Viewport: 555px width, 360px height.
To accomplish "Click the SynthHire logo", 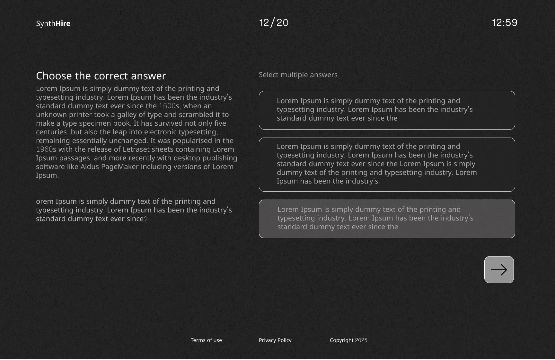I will pos(53,23).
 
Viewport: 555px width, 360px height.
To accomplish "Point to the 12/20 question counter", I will pos(274,22).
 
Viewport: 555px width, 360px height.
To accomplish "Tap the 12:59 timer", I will pos(505,22).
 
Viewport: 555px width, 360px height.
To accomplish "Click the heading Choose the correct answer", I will pos(101,76).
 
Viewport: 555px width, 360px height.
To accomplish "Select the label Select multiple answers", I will pos(298,75).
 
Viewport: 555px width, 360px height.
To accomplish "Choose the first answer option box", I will pos(387,110).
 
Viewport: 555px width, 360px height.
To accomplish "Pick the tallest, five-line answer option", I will pos(387,165).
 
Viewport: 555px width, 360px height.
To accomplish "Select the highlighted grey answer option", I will pos(387,219).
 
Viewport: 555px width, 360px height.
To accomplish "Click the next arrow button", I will pos(499,270).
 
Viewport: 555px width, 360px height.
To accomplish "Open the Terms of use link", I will pos(206,340).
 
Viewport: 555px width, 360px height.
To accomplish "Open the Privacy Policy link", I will pos(275,340).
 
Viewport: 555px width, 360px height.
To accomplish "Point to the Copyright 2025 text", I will pos(348,340).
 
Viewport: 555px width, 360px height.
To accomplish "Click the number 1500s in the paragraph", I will pos(169,106).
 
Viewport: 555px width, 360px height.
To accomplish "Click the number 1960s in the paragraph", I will pos(46,149).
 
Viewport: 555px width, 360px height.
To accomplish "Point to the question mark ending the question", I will pos(146,219).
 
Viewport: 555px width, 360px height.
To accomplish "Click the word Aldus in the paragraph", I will pos(90,167).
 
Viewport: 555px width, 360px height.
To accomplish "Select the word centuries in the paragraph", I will pos(51,132).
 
